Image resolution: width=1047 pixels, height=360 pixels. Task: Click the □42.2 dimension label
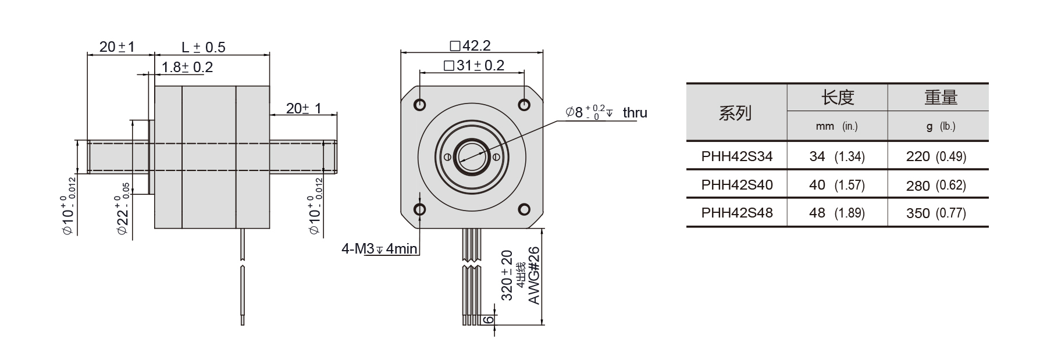tap(470, 46)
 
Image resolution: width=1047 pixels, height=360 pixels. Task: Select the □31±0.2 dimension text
tap(473, 66)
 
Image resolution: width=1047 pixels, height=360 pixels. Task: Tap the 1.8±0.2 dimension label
tap(187, 67)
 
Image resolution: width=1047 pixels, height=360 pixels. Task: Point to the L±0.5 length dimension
tap(203, 47)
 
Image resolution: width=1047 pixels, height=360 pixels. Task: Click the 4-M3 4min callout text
tap(379, 249)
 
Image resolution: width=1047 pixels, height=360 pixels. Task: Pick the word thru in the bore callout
tap(635, 113)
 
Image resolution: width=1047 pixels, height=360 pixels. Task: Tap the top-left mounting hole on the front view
tap(420, 105)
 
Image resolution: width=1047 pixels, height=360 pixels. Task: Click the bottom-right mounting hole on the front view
tap(523, 209)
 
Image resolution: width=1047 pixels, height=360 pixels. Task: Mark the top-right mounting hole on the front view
tap(523, 105)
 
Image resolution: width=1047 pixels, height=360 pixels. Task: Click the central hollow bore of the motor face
tap(471, 156)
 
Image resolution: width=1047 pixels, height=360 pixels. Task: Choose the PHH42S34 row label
tap(736, 156)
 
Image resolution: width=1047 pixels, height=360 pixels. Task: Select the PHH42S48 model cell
tap(736, 213)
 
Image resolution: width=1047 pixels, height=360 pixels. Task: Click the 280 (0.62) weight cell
tap(935, 186)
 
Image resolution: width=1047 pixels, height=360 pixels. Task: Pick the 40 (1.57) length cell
tap(836, 185)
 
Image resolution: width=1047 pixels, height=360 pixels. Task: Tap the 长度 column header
tap(837, 98)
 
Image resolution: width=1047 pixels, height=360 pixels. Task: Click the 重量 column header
tap(941, 98)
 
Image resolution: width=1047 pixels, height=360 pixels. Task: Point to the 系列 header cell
tap(735, 113)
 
